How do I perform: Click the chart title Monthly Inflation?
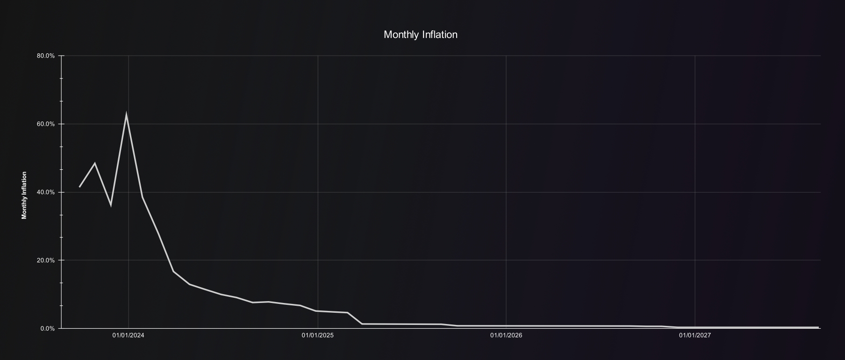[420, 35]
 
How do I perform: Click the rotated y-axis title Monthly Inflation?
[24, 195]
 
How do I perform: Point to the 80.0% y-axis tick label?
[45, 56]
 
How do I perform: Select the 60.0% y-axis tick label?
[45, 124]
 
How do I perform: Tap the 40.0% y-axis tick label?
[45, 193]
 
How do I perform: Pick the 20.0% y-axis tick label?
[45, 260]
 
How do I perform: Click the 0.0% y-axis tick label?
[47, 329]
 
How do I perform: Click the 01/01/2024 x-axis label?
[129, 336]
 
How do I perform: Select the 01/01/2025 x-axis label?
[318, 336]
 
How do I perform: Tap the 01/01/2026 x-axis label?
[506, 336]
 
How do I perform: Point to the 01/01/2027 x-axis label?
[695, 336]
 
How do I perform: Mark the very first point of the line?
[79, 187]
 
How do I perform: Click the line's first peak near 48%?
[95, 163]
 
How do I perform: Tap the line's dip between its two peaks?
[111, 205]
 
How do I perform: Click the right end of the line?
[818, 327]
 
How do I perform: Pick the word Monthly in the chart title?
[401, 35]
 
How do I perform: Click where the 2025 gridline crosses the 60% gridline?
[318, 124]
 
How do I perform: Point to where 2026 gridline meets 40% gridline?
[506, 192]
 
